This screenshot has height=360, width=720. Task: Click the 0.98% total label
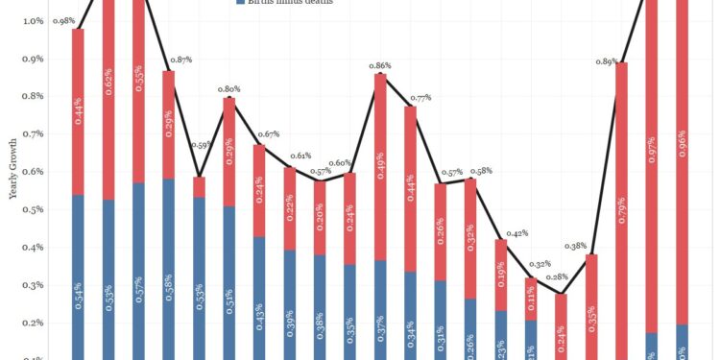pyautogui.click(x=64, y=21)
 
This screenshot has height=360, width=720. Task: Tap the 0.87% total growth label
pyautogui.click(x=181, y=60)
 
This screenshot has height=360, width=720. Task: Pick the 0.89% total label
pyautogui.click(x=607, y=61)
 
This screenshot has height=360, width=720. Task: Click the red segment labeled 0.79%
pyautogui.click(x=621, y=211)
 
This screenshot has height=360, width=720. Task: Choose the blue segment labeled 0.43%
pyautogui.click(x=259, y=298)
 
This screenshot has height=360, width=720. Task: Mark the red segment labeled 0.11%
pyautogui.click(x=531, y=299)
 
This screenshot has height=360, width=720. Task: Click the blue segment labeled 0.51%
pyautogui.click(x=228, y=282)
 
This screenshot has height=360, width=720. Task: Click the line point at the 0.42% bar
pyautogui.click(x=500, y=239)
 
